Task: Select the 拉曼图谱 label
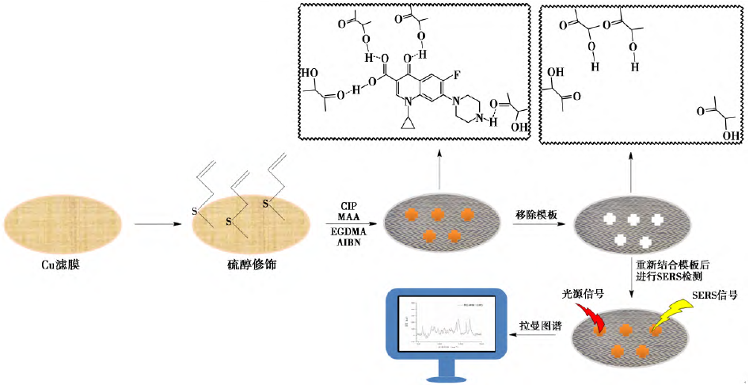tap(540, 325)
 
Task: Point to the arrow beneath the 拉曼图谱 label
tap(540, 336)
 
